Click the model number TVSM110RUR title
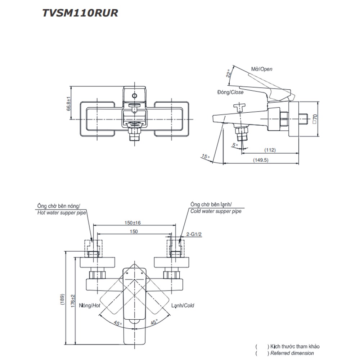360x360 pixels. coord(80,13)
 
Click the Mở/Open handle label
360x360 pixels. coord(262,69)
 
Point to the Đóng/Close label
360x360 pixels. coord(230,92)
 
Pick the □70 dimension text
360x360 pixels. coord(315,119)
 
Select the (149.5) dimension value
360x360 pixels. coord(261,160)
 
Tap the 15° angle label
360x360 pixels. coord(205,157)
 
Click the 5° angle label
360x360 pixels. coord(235,145)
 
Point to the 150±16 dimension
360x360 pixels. coord(132,223)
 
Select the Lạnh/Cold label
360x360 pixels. coord(183,305)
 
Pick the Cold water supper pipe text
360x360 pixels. coord(216,211)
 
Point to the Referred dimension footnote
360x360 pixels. coord(292,353)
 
